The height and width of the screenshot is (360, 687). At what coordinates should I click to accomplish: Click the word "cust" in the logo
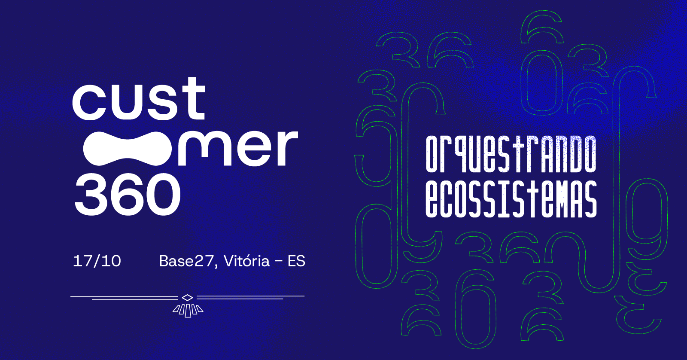click(x=139, y=98)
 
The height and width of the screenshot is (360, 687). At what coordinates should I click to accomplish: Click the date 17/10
click(x=97, y=261)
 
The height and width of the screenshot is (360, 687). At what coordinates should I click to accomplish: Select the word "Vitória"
click(x=246, y=261)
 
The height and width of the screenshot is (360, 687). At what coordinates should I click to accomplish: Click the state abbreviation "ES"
click(x=296, y=261)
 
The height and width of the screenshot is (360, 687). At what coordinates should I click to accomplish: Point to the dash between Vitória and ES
click(x=279, y=262)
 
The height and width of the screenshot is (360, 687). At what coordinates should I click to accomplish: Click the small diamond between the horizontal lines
click(x=187, y=297)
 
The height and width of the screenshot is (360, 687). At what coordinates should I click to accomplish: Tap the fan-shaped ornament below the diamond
click(x=188, y=311)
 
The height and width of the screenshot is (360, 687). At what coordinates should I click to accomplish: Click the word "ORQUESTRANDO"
click(x=511, y=154)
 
